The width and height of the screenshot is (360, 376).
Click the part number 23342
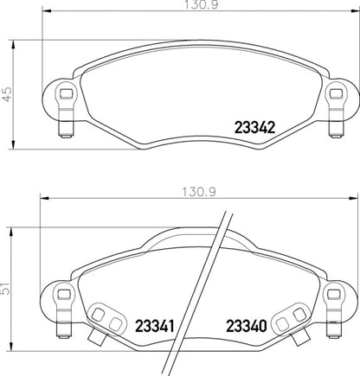[255, 126]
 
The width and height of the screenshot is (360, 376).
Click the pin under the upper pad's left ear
[62, 130]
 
